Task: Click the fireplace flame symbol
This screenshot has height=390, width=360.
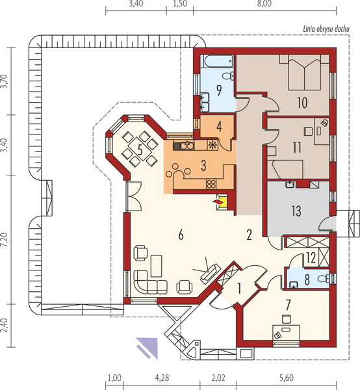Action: coord(217,201)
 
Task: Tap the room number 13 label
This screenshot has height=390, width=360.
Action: coord(296,211)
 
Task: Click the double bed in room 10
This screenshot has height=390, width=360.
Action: coord(304,73)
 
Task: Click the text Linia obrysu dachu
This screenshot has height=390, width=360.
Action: coord(326,29)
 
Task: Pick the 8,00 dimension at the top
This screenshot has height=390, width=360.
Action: coord(264,5)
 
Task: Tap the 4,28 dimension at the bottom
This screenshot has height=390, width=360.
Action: coord(162,378)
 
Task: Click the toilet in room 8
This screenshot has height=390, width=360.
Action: coord(324,278)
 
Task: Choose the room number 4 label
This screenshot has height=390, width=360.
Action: coord(219,127)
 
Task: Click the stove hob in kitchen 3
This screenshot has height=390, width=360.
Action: coord(211,185)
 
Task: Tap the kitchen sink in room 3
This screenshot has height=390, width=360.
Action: coord(184,145)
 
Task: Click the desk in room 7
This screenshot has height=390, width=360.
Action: coord(286,332)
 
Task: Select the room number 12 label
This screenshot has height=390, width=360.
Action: coord(311,257)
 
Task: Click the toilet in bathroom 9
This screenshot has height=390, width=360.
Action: coord(227,75)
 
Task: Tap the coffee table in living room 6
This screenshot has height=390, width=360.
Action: coord(157,266)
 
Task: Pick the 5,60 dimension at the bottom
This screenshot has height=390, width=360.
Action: coord(287,378)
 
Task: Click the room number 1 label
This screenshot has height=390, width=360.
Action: coord(239,289)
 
